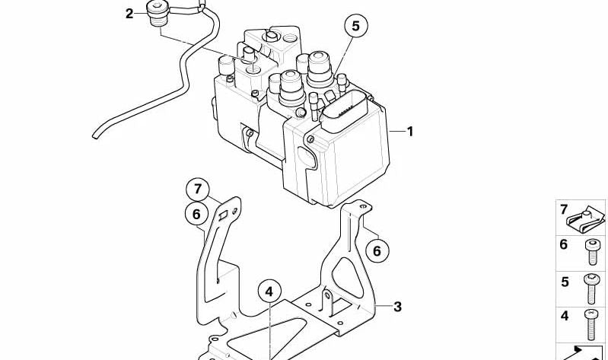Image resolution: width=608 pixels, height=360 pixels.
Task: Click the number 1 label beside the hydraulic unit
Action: click(410, 132)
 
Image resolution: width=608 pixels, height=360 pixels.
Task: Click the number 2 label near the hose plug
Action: click(129, 14)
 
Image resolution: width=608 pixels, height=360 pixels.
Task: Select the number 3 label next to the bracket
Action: click(397, 307)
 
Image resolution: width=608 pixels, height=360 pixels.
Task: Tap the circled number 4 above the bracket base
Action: click(269, 292)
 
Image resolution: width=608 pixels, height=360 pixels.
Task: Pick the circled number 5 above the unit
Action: click(355, 26)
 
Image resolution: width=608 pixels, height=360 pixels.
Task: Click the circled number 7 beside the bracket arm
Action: click(198, 190)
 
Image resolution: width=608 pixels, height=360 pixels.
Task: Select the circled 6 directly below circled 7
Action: click(196, 214)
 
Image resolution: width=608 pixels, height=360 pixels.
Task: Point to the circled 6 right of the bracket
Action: click(377, 251)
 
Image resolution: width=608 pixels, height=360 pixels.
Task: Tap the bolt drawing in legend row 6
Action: click(592, 252)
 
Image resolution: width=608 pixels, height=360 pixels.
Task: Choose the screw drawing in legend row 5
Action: click(591, 288)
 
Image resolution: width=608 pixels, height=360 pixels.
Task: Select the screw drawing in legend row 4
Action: click(591, 325)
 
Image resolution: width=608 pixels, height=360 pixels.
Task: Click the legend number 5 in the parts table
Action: click(565, 282)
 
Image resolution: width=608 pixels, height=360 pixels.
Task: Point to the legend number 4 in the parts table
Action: click(565, 316)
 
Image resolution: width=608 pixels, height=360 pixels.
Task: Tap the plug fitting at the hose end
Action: click(158, 13)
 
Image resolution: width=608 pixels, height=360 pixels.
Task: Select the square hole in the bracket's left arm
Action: click(224, 215)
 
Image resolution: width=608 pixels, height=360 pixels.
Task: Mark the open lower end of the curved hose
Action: click(94, 135)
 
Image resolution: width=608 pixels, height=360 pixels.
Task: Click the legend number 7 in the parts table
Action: click(563, 210)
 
